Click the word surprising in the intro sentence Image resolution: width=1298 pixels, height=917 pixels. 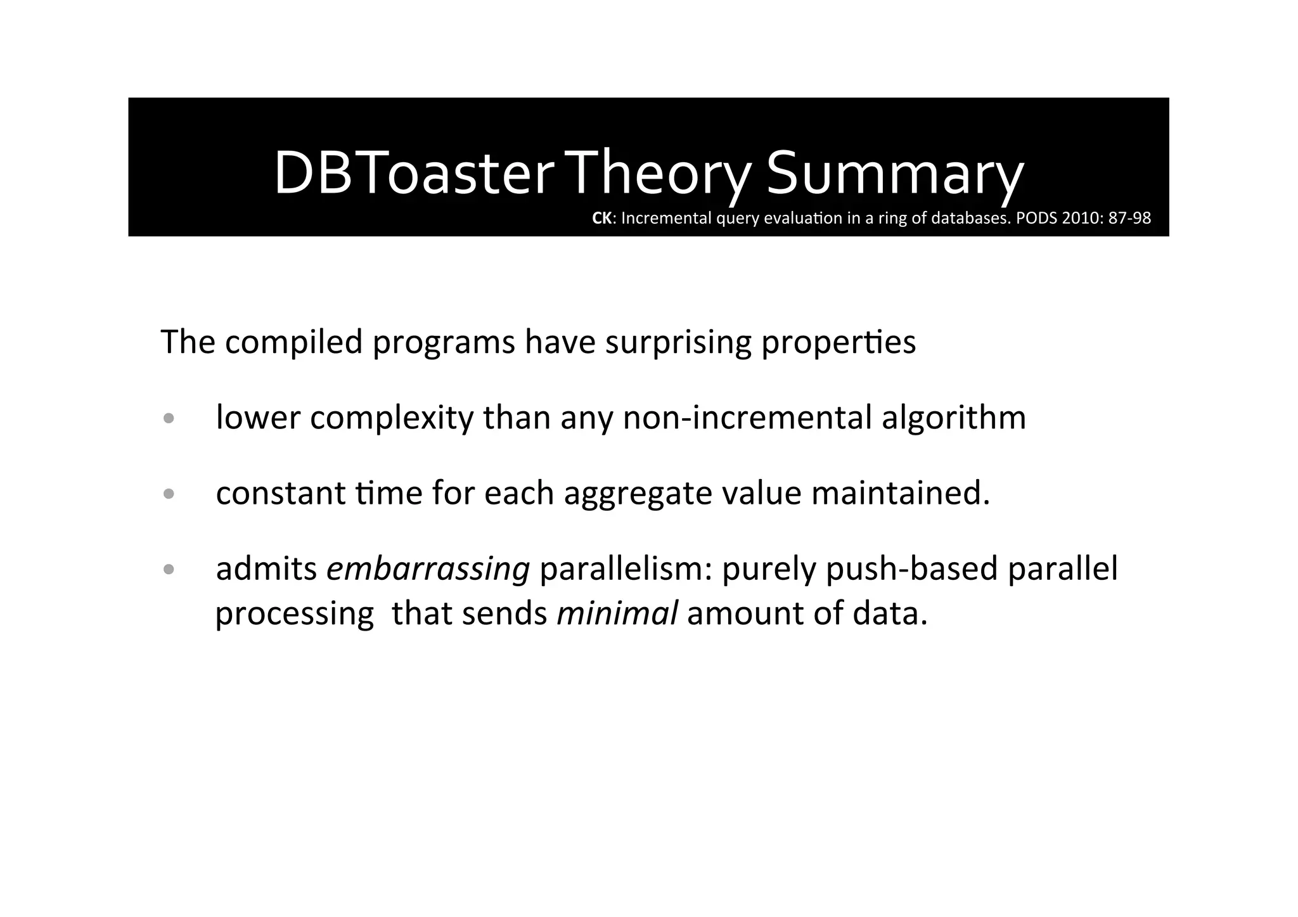[678, 342]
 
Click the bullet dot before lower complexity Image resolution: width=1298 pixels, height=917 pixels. [168, 419]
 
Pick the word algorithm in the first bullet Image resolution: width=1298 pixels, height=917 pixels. [953, 418]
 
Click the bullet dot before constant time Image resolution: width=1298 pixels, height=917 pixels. [168, 494]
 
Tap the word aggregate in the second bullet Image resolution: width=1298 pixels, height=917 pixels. [638, 494]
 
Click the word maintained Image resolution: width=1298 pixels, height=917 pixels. [900, 494]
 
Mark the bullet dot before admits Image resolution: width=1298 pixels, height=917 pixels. [168, 570]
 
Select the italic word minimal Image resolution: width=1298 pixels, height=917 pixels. [617, 613]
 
